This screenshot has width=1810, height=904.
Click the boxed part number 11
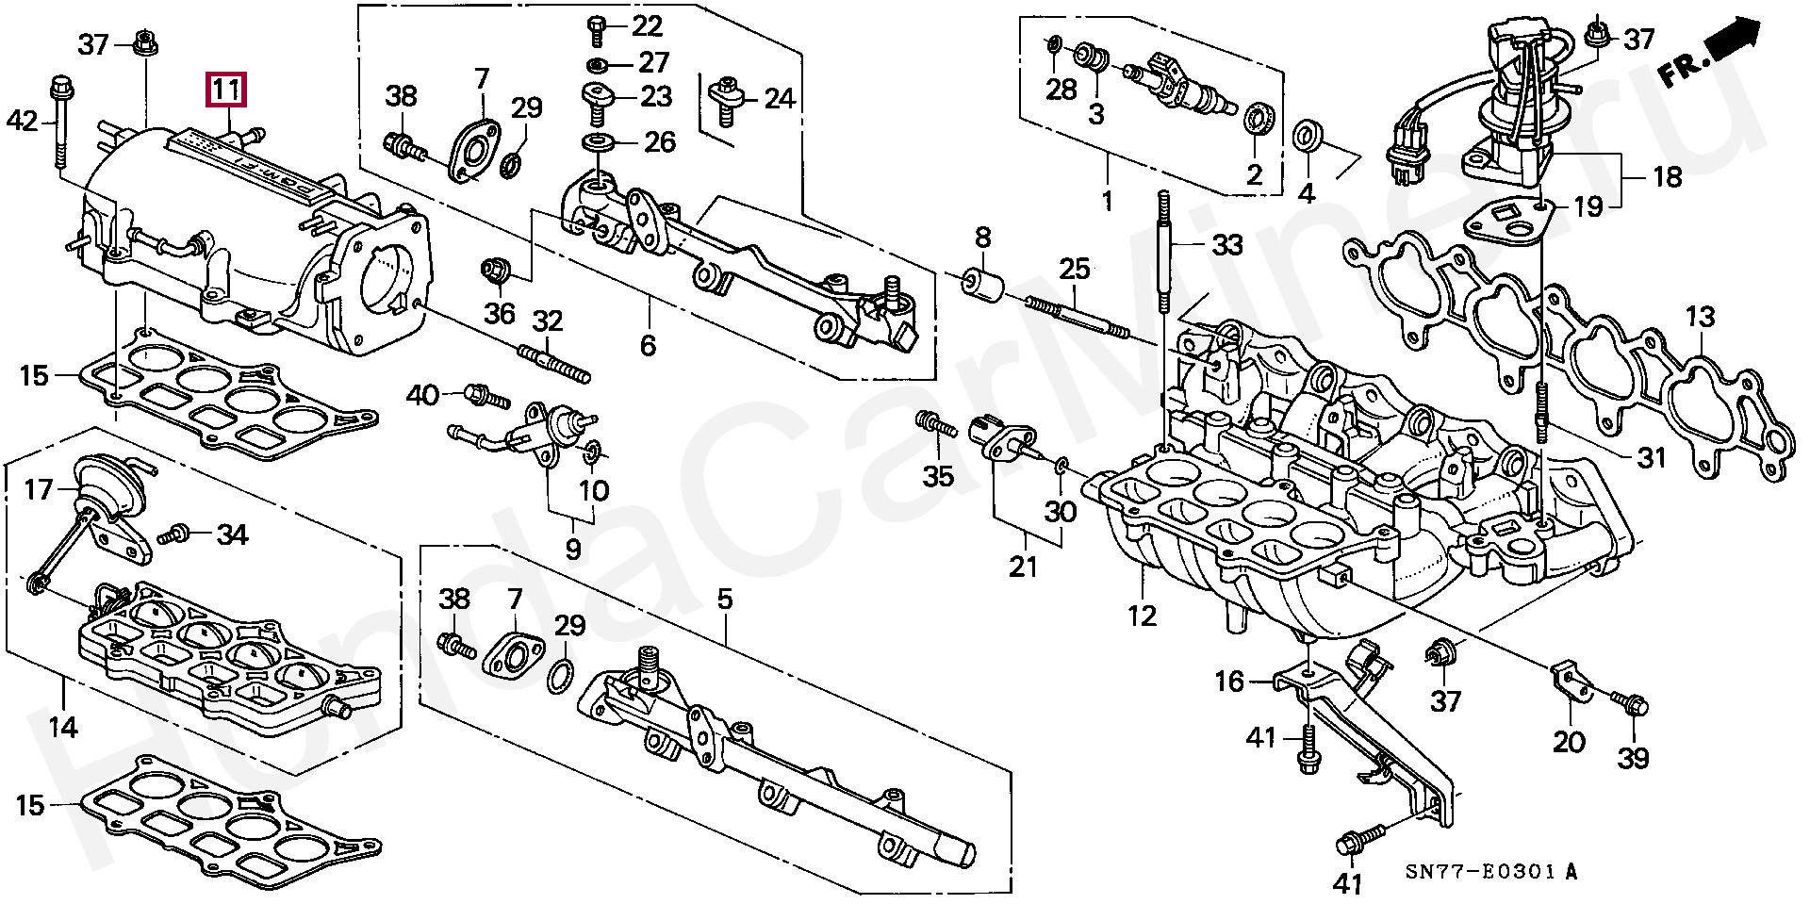pos(227,90)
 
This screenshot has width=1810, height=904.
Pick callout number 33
pos(1227,246)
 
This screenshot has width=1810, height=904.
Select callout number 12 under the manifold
pos(1142,616)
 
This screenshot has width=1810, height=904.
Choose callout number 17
pos(40,490)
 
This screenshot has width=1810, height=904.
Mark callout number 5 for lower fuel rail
pos(724,598)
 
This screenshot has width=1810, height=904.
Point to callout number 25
pos(1074,269)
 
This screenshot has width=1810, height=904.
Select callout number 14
pos(63,726)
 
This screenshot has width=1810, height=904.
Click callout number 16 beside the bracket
pos(1230,681)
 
